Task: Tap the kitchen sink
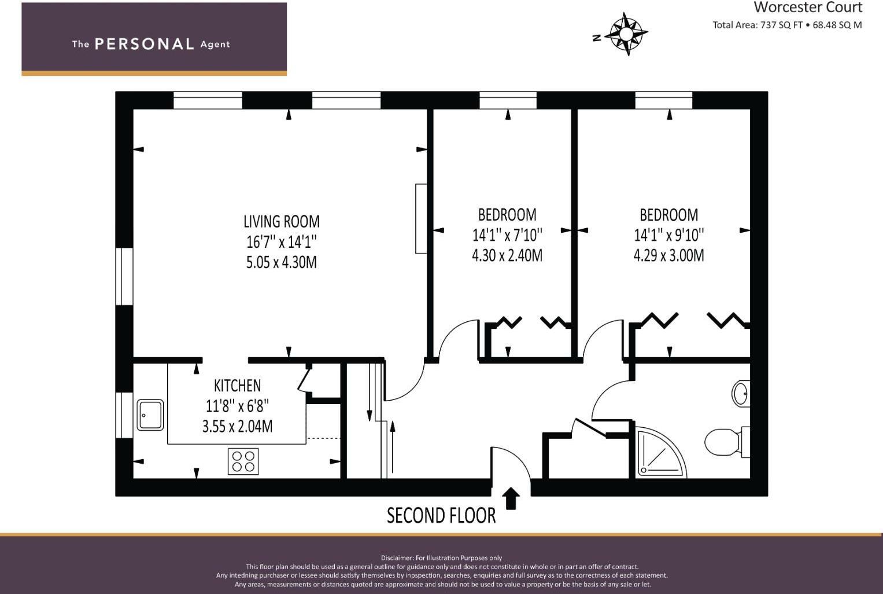click(150, 415)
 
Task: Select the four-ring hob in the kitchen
click(243, 461)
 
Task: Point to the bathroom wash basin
click(740, 394)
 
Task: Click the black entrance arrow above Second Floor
click(511, 498)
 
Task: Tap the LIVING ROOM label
click(281, 222)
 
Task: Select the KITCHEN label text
click(237, 386)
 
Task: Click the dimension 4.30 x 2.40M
click(507, 255)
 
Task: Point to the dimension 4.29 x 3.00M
click(668, 255)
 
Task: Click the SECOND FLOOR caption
click(441, 515)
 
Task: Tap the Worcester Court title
click(807, 8)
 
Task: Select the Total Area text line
click(786, 25)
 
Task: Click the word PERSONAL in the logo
click(144, 44)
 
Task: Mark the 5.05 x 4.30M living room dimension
click(281, 262)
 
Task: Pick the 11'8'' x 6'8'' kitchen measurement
click(237, 406)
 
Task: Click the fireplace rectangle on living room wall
click(421, 218)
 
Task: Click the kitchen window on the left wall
click(124, 415)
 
